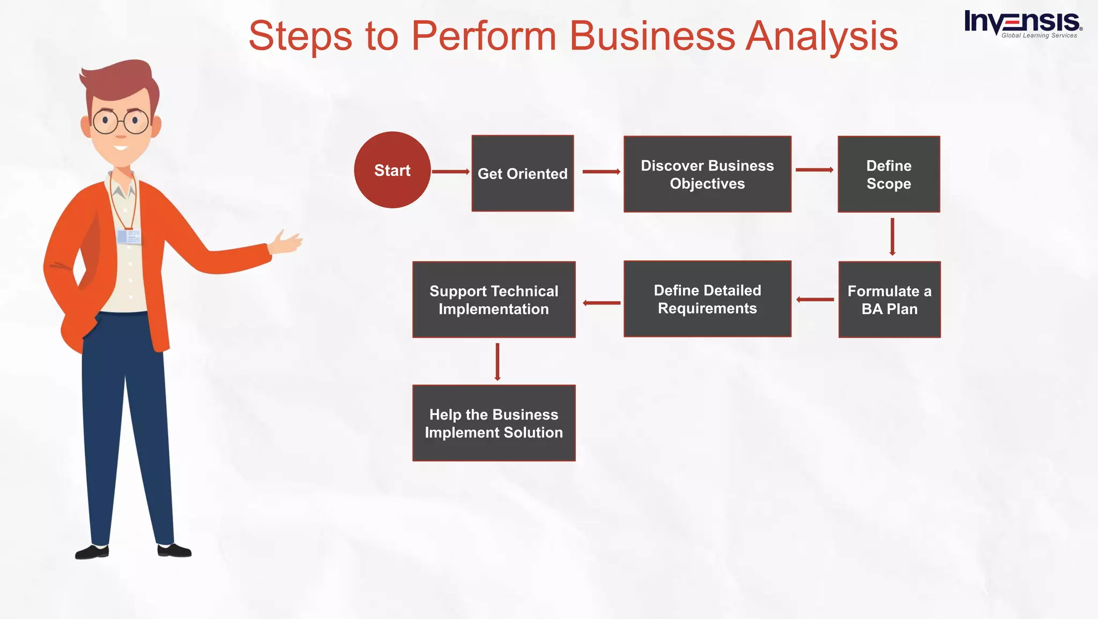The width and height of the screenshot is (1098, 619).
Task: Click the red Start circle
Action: point(392,170)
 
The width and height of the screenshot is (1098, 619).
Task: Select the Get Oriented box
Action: point(522,173)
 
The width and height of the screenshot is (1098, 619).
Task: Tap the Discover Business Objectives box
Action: point(707,174)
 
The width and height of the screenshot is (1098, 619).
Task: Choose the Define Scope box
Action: point(888,174)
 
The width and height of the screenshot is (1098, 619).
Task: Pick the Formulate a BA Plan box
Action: point(889,300)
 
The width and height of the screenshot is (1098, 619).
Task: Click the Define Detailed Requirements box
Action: point(707,299)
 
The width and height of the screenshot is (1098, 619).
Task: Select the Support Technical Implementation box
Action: point(493,300)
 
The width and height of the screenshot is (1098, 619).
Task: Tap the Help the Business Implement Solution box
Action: point(493,423)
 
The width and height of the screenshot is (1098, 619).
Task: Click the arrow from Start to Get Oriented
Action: point(450,171)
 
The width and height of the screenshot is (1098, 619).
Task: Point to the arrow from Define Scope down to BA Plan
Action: point(892,236)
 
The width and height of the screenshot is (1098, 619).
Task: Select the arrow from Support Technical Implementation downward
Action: point(498,362)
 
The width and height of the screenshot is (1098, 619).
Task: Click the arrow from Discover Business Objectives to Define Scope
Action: point(814,170)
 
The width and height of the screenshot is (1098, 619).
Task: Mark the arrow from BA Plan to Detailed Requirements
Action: point(815,300)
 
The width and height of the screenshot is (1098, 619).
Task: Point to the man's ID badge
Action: point(129,236)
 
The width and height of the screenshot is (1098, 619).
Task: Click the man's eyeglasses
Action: point(121,122)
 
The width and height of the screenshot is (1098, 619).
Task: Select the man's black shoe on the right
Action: point(174,550)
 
